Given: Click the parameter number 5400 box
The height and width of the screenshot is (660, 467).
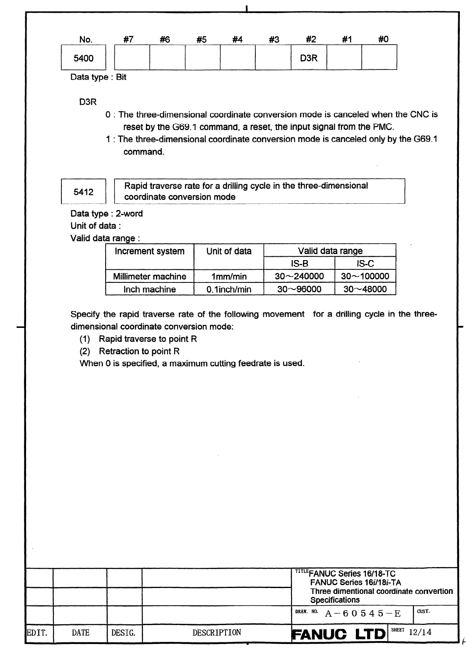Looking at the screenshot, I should pyautogui.click(x=83, y=59).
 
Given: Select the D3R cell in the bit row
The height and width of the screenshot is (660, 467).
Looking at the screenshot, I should pyautogui.click(x=308, y=59).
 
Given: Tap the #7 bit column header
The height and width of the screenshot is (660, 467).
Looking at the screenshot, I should pyautogui.click(x=129, y=40).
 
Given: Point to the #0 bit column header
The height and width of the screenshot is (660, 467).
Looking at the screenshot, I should pyautogui.click(x=383, y=40).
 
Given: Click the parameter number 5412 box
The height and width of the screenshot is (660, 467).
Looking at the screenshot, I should pyautogui.click(x=83, y=192).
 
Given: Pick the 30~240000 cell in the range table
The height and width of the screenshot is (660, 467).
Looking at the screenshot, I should pyautogui.click(x=299, y=277).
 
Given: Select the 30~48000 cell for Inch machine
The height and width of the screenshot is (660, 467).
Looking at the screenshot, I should pyautogui.click(x=365, y=289).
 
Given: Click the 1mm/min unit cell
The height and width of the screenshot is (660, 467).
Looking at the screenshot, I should pyautogui.click(x=229, y=277).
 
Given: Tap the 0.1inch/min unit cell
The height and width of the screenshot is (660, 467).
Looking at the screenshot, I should pyautogui.click(x=229, y=289).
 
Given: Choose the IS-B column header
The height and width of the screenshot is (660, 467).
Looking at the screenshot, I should pyautogui.click(x=299, y=263).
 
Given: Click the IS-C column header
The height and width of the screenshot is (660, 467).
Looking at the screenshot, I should pyautogui.click(x=365, y=263).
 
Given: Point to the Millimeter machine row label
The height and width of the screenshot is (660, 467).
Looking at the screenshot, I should pyautogui.click(x=149, y=277).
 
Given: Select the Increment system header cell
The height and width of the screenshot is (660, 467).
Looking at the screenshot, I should pyautogui.click(x=149, y=252).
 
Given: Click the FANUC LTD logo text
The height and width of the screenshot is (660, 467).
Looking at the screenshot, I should pyautogui.click(x=339, y=634).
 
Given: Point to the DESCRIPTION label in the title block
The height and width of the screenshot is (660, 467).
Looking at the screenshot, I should pyautogui.click(x=217, y=633).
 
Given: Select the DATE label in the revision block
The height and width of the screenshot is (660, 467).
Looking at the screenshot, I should pyautogui.click(x=80, y=633).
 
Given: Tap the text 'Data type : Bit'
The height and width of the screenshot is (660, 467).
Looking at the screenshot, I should pyautogui.click(x=98, y=77).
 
